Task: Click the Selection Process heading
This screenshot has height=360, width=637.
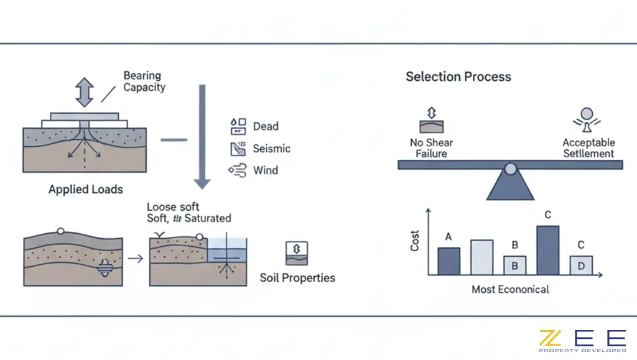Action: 458,77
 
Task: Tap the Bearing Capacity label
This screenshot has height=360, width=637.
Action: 144,81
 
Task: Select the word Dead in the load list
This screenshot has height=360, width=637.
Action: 266,126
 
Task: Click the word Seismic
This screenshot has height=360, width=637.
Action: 271,149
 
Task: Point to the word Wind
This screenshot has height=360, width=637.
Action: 266,170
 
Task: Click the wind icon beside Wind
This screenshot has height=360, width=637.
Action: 238,170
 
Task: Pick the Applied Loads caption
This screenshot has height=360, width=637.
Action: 86,189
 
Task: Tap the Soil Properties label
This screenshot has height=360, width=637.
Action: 297,278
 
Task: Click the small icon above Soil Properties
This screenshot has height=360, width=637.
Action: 296,251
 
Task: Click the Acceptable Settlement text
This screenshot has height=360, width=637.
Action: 588,148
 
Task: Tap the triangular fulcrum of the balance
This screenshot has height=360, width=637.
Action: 510,185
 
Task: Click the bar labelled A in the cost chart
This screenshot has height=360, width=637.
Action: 449,261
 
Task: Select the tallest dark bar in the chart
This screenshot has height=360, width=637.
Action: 547,250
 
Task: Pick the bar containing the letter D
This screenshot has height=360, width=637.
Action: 580,265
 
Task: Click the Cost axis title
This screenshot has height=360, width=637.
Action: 415,241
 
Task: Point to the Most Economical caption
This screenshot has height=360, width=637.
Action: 510,289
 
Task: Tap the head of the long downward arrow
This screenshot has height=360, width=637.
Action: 202,182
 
